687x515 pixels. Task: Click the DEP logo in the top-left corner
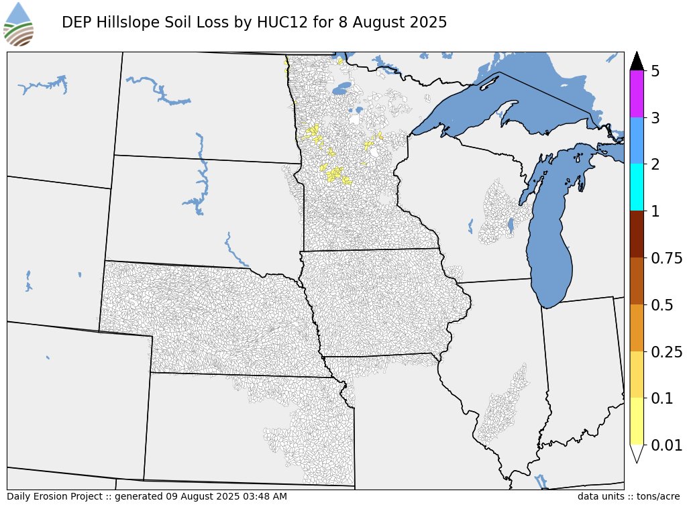(19, 24)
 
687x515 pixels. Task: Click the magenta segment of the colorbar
(637, 94)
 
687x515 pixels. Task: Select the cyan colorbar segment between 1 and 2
(637, 188)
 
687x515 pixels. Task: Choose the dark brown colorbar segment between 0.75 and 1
(637, 235)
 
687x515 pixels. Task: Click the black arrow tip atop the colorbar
(637, 61)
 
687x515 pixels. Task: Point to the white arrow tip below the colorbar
(637, 453)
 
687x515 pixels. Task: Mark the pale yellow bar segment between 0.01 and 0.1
(637, 421)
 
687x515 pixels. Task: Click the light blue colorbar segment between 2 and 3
(637, 141)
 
